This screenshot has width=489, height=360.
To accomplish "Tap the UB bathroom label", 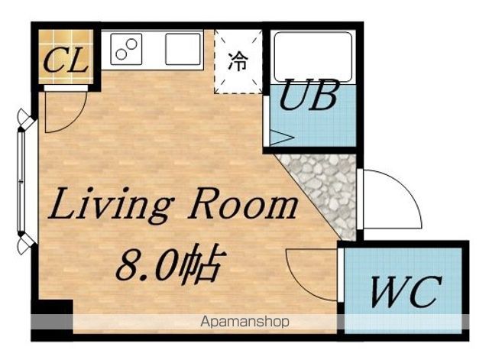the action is tap(309, 95).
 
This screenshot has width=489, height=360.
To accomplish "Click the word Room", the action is tap(242, 203).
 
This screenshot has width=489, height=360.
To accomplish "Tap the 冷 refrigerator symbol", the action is tap(238, 61).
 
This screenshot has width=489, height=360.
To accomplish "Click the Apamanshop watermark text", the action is tap(244, 321).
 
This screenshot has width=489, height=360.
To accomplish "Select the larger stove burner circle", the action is tap(131, 44).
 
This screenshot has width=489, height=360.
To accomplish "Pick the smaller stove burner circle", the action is tap(121, 54).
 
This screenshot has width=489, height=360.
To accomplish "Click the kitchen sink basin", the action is tap(183, 49).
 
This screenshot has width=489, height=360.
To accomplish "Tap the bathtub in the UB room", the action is tap(313, 57).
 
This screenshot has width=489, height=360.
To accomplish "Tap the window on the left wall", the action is tap(21, 182).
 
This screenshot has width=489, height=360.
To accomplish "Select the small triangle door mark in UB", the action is tap(281, 138).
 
